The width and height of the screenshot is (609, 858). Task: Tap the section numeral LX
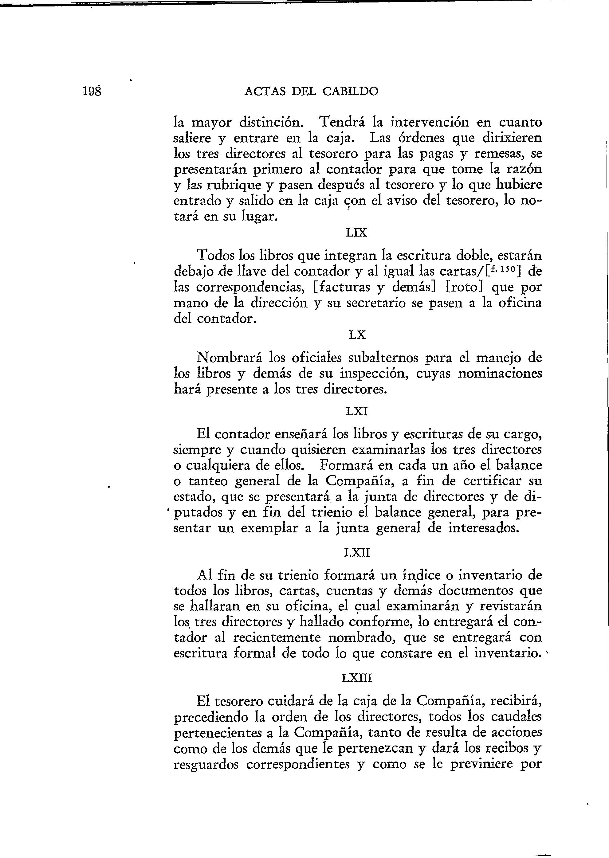(x=357, y=334)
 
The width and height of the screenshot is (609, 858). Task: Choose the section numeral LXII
(x=357, y=553)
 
